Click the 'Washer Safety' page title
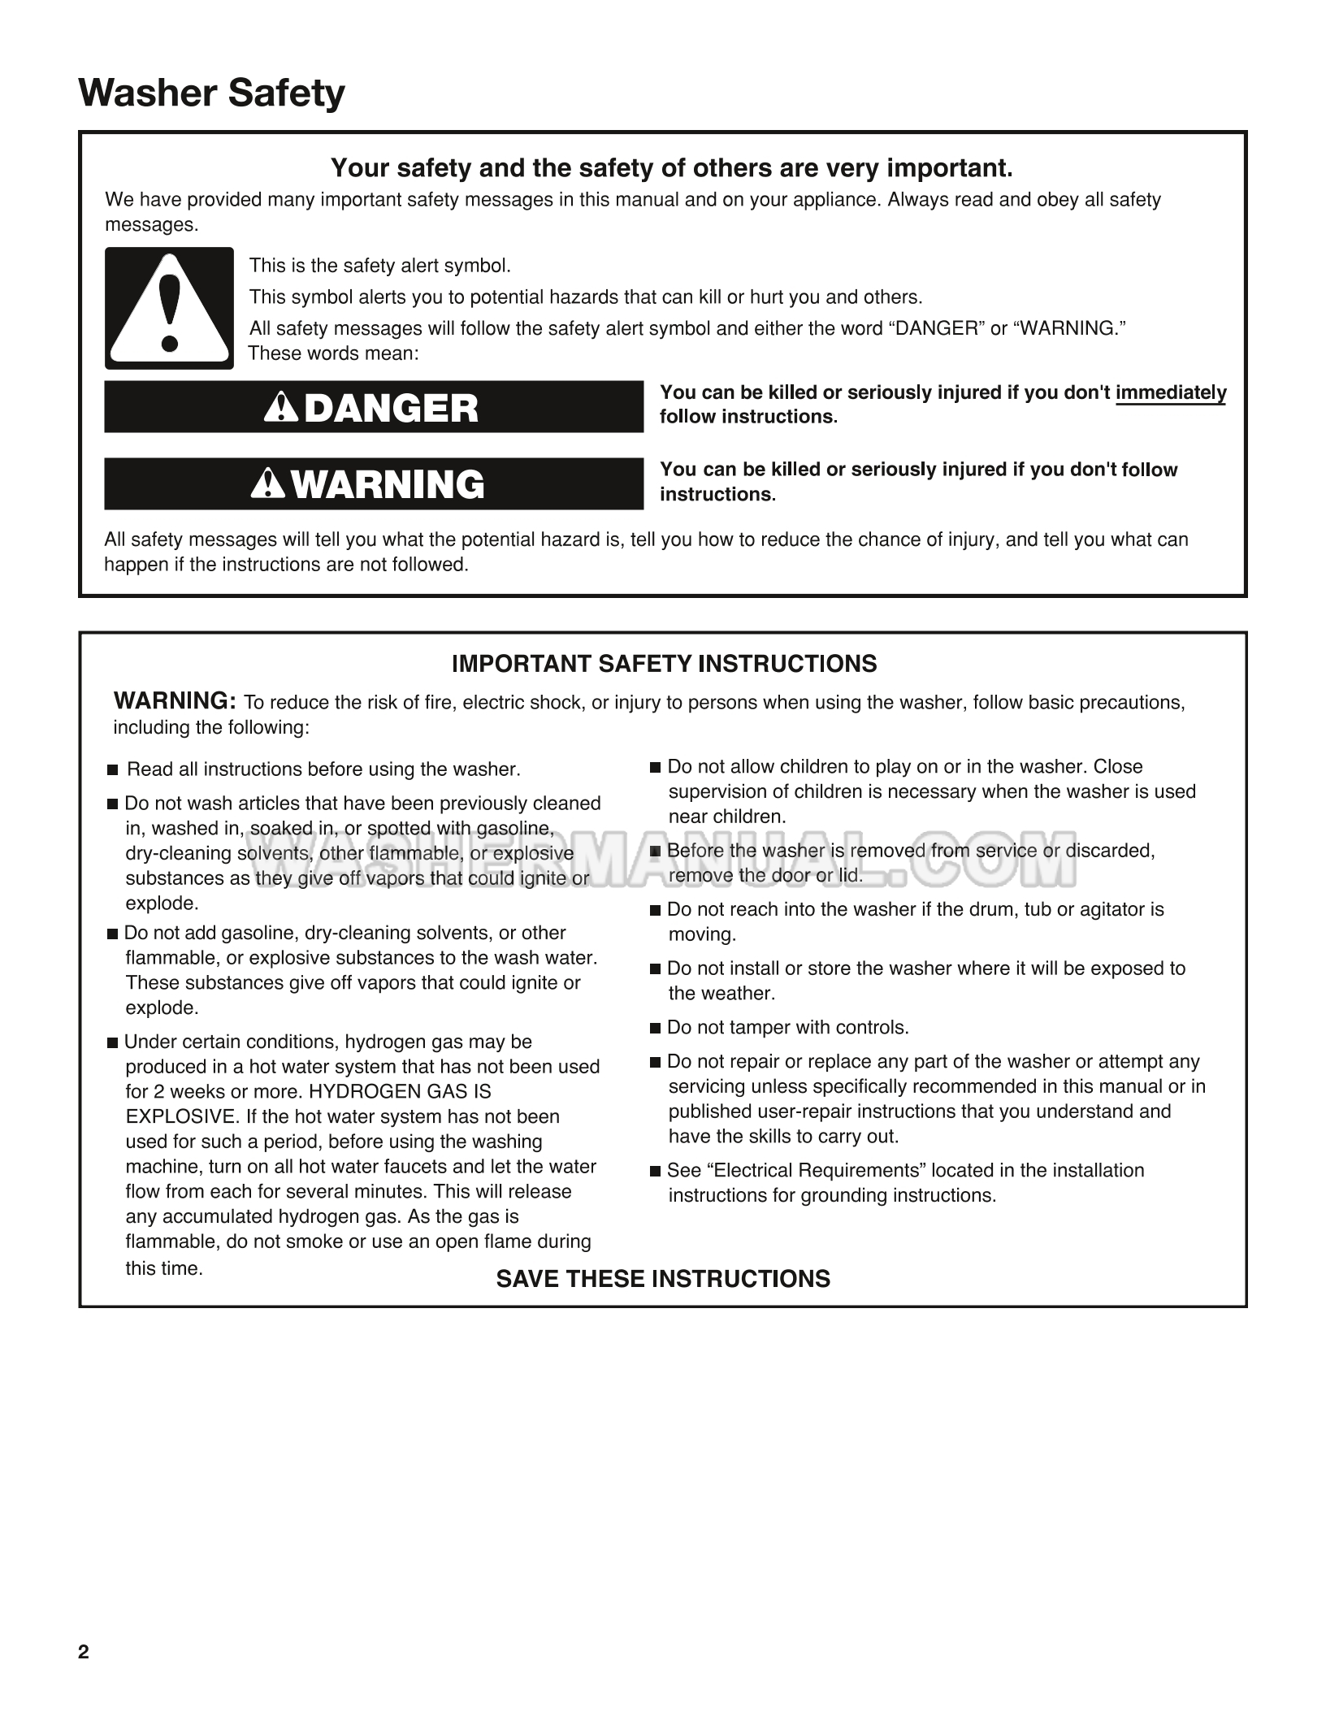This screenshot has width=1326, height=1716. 211,93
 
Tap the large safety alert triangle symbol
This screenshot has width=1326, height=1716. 169,308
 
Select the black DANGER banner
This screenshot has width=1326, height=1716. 374,407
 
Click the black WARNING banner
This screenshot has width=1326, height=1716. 374,484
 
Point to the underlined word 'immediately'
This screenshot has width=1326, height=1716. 1171,393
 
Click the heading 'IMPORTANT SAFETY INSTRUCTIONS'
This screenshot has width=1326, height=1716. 664,664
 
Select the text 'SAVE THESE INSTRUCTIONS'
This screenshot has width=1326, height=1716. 663,1279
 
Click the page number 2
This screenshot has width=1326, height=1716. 84,1652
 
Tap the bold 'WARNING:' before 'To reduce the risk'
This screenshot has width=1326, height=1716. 175,700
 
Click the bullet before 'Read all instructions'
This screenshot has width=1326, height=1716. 113,770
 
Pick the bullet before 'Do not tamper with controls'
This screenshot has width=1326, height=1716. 656,1029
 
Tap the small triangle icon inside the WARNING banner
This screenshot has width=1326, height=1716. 268,483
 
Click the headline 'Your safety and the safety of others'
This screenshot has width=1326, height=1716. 671,168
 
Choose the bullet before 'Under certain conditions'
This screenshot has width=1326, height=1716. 112,1043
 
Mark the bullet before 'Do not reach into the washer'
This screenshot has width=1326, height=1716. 656,911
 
